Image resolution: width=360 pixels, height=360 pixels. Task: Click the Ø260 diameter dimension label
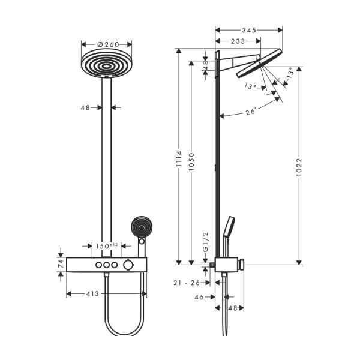pos(106,44)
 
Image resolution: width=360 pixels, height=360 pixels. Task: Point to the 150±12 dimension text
pos(107,246)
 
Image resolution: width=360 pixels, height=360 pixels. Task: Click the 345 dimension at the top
pos(248,29)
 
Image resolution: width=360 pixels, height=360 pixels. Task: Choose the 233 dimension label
pos(238,41)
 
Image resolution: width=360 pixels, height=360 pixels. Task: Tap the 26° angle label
pos(251,111)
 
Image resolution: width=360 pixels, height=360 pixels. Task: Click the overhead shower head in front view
pos(106,64)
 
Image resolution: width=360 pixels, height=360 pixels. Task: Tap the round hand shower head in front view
pos(142,227)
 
